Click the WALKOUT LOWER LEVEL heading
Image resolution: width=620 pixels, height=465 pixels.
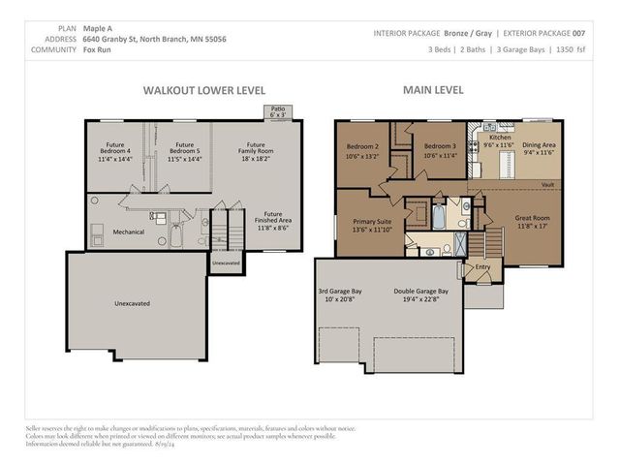tap(203, 89)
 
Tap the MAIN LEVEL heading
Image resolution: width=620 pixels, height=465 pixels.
tap(433, 89)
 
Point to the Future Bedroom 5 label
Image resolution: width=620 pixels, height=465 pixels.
tap(184, 150)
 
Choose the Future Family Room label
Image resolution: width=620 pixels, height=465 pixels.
tap(256, 150)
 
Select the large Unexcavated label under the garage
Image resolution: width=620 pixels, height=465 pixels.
tap(132, 303)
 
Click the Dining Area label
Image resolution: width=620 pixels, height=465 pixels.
tap(540, 147)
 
